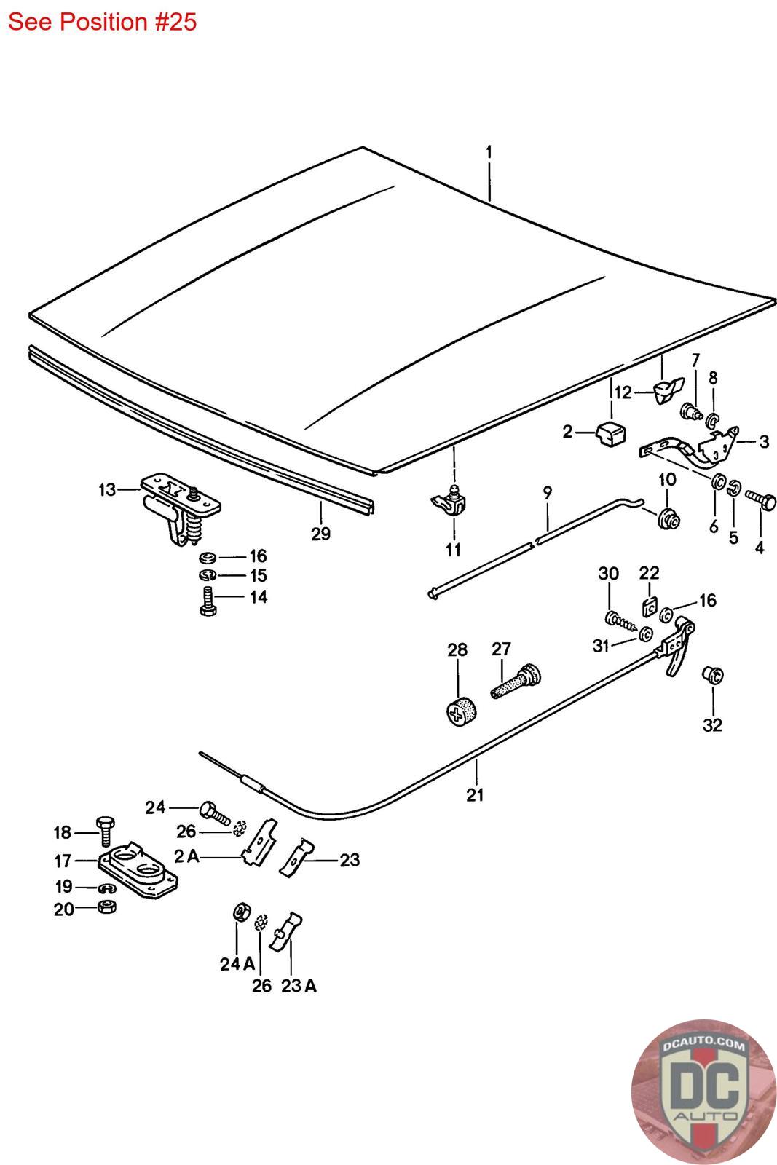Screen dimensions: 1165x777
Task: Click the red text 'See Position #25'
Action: coord(102,22)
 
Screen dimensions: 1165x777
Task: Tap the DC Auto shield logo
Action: coord(703,1091)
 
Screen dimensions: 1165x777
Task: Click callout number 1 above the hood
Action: coord(489,152)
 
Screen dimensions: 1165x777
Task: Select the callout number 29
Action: coord(320,534)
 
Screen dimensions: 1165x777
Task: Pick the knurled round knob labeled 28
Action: coord(462,708)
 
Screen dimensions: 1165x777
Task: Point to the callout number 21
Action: coord(475,794)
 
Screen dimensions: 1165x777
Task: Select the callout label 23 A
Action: coord(299,986)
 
